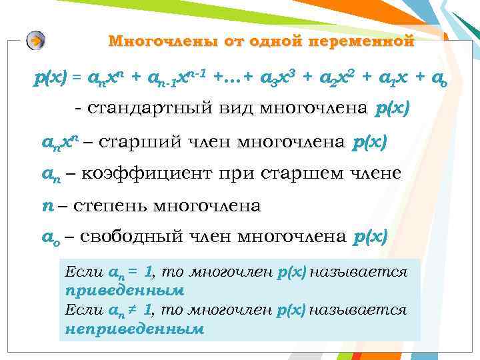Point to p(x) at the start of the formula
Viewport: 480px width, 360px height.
click(x=50, y=79)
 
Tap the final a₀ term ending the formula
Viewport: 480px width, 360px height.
click(x=438, y=79)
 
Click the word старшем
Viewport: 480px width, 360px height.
click(x=313, y=173)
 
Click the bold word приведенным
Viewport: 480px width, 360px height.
click(x=125, y=291)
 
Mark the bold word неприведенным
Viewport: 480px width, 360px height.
click(x=134, y=328)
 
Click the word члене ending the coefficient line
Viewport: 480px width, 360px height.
click(x=377, y=173)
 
